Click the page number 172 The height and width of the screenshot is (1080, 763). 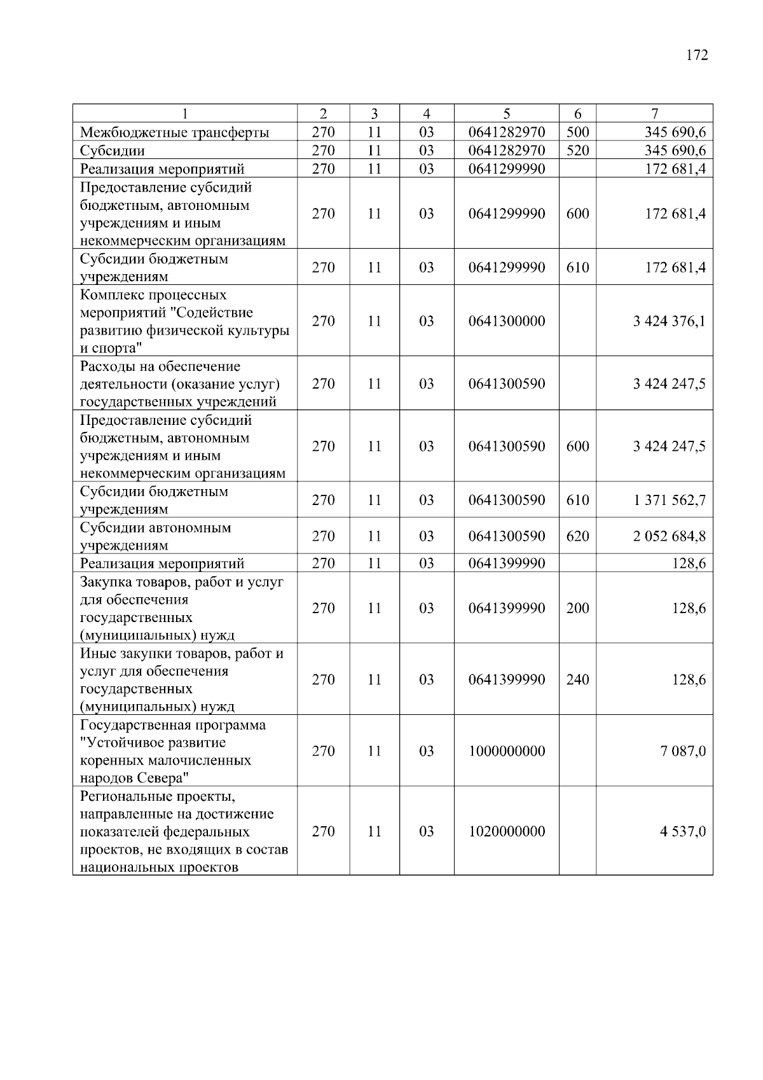(697, 55)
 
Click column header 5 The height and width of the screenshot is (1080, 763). (506, 114)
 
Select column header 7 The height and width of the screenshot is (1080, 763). (654, 114)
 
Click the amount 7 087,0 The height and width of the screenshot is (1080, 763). (683, 751)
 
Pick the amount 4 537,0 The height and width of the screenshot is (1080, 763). (683, 832)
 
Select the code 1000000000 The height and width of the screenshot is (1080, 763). (507, 751)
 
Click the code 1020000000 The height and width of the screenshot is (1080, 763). (507, 832)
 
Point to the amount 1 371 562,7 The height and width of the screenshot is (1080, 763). (669, 501)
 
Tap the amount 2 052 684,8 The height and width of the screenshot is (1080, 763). (669, 536)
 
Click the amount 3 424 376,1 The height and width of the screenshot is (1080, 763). (669, 321)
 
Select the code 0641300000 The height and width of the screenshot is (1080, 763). (507, 321)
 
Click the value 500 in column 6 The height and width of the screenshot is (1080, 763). (577, 133)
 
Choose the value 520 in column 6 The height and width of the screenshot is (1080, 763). (577, 151)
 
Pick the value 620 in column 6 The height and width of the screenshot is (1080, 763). (577, 536)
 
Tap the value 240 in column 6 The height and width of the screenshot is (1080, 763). (577, 680)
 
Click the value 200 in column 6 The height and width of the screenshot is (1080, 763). (577, 609)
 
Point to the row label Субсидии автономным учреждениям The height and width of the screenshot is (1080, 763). (156, 536)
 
